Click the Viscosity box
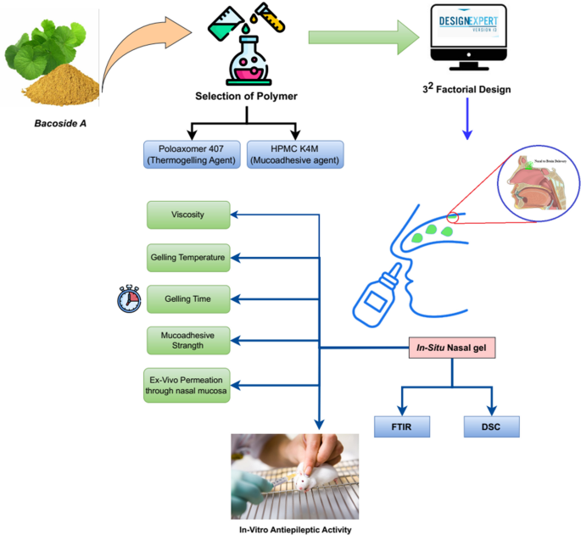pos(187,215)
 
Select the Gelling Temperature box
pos(187,257)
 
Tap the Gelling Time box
pos(187,298)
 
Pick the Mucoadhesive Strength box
pos(187,341)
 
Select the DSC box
pos(491,426)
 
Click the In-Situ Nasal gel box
pos(450,348)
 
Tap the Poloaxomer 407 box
pos(193,155)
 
